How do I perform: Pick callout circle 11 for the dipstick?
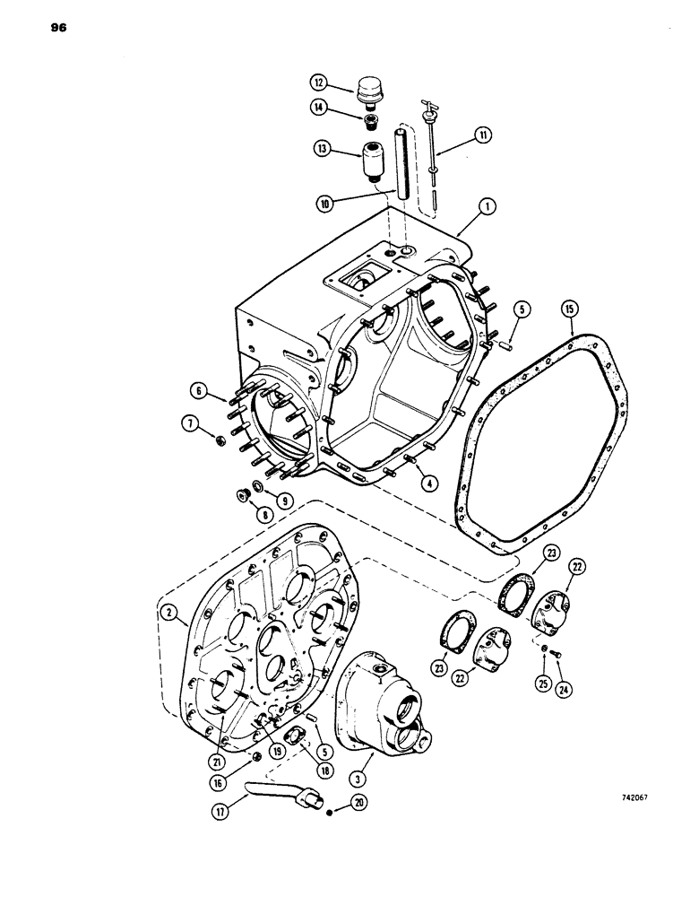[x=484, y=136]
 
